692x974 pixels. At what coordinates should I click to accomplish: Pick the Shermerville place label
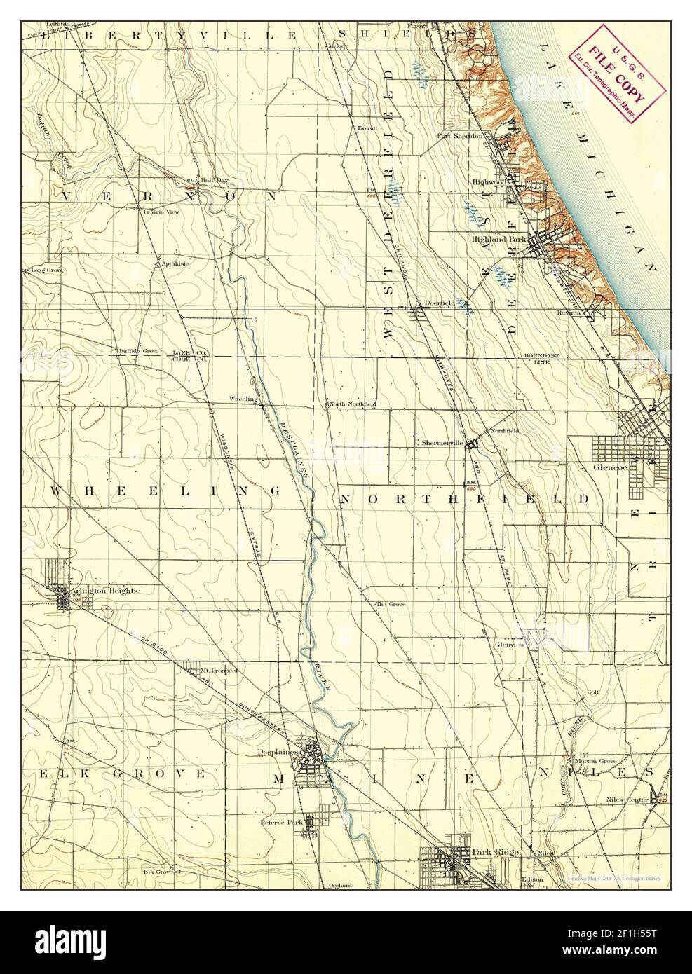[444, 443]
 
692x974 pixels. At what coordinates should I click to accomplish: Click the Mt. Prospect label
[219, 669]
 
